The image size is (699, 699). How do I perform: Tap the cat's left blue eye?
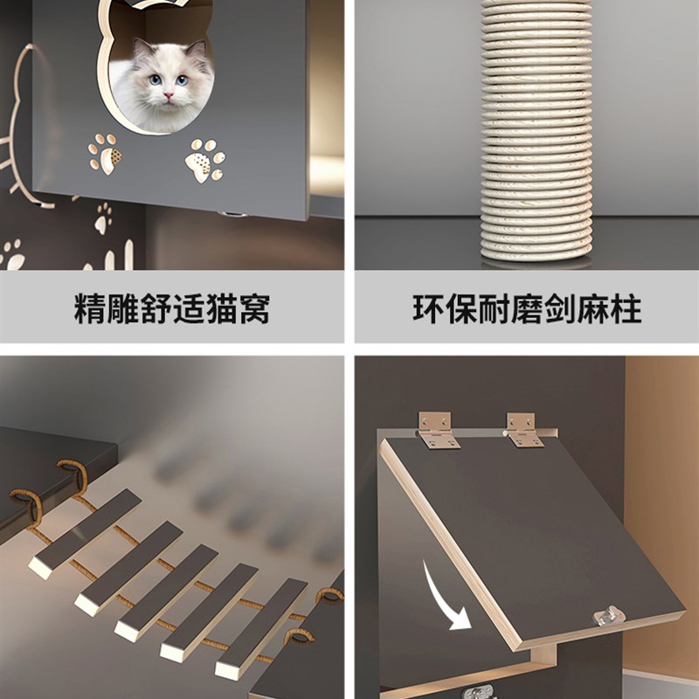(x=156, y=80)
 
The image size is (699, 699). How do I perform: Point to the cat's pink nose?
(x=168, y=94)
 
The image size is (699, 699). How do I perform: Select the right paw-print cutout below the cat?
(x=206, y=160)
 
